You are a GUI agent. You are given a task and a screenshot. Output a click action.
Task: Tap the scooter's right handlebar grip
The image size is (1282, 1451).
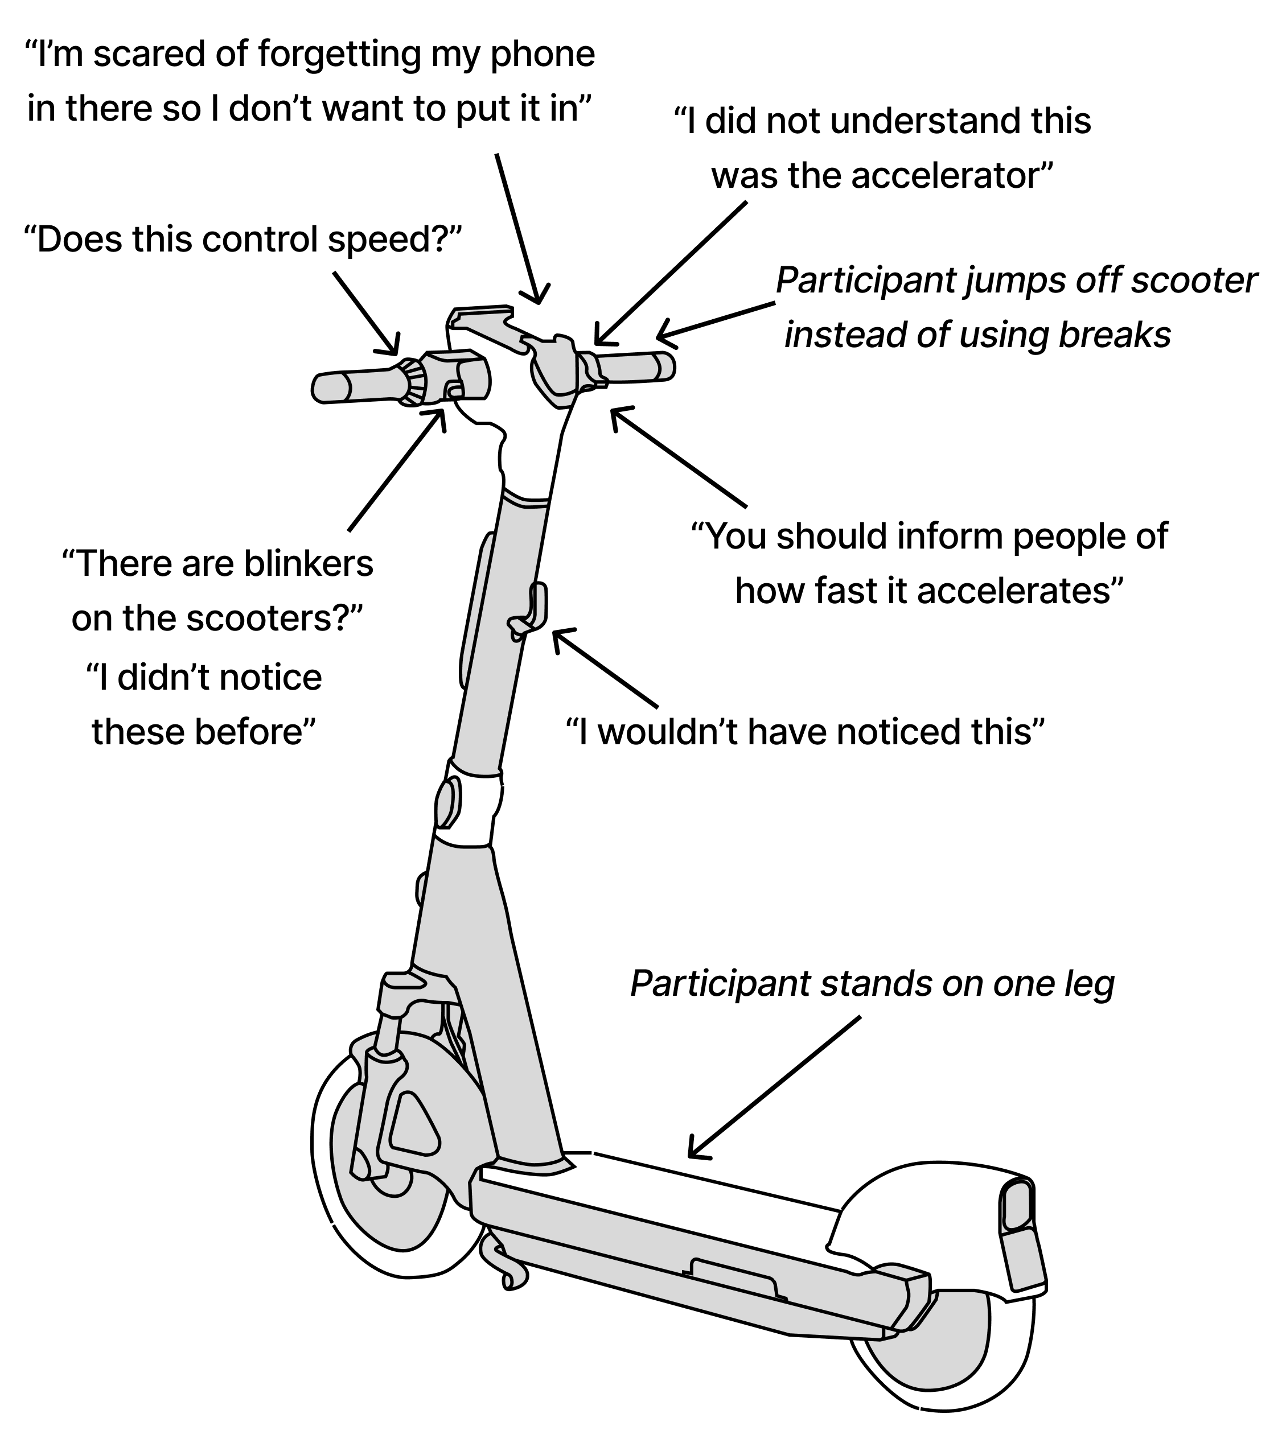coord(636,367)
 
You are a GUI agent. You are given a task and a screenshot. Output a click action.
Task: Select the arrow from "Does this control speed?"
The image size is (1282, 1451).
coord(366,313)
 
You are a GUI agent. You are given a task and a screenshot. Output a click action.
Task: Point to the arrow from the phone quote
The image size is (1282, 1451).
coord(519,227)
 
